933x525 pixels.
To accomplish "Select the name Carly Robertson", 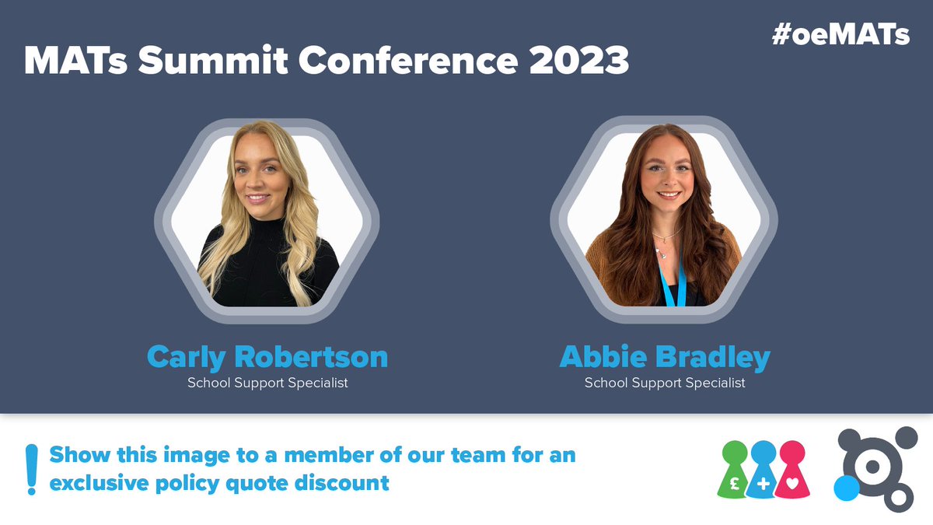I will pyautogui.click(x=267, y=357).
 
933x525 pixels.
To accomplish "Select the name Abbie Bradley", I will pyautogui.click(x=665, y=357).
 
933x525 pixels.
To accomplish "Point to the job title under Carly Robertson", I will pyautogui.click(x=267, y=383).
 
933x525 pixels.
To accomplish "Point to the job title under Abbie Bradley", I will pyautogui.click(x=665, y=383).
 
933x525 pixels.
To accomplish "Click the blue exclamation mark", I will pyautogui.click(x=31, y=469).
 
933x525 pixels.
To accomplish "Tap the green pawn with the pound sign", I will pyautogui.click(x=735, y=471).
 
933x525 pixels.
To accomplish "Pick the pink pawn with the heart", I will pyautogui.click(x=793, y=471).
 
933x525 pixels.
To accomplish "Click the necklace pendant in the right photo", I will pyautogui.click(x=662, y=251).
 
